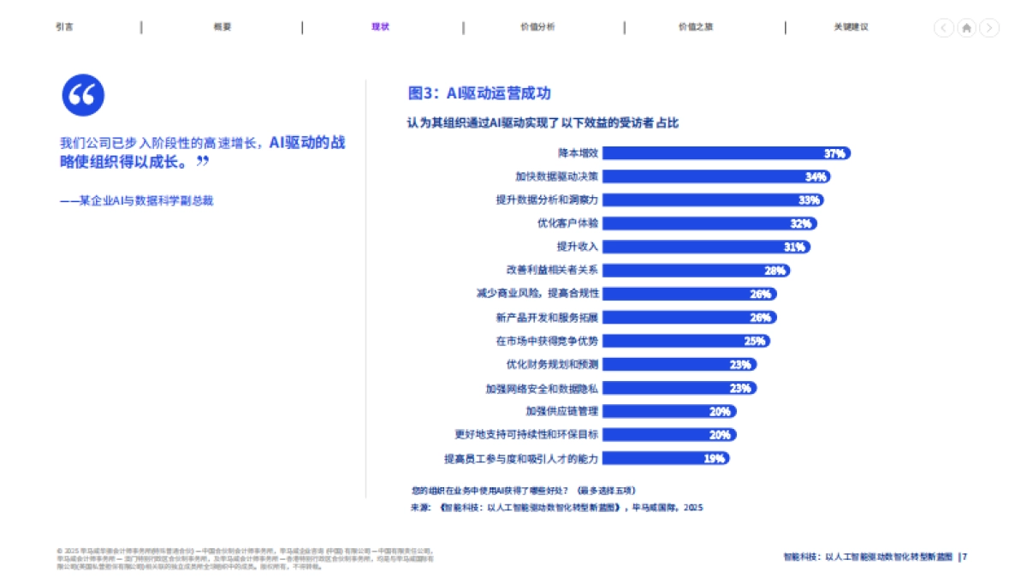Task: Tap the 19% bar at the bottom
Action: coord(667,458)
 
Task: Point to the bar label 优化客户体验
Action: coord(567,223)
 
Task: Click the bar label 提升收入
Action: coord(578,247)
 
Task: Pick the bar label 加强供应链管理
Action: coord(561,411)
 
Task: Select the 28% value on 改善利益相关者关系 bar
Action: coord(775,271)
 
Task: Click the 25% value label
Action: coord(754,341)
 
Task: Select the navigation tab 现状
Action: coord(380,27)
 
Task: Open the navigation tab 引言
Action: coord(64,27)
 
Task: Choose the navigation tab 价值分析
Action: coord(537,27)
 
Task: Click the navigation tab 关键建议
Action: coord(851,27)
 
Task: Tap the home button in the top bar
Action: coord(966,28)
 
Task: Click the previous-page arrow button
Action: coord(943,28)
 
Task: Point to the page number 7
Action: coord(965,557)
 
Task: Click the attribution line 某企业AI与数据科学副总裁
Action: coord(136,200)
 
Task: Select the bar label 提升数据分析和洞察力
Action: coord(547,200)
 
